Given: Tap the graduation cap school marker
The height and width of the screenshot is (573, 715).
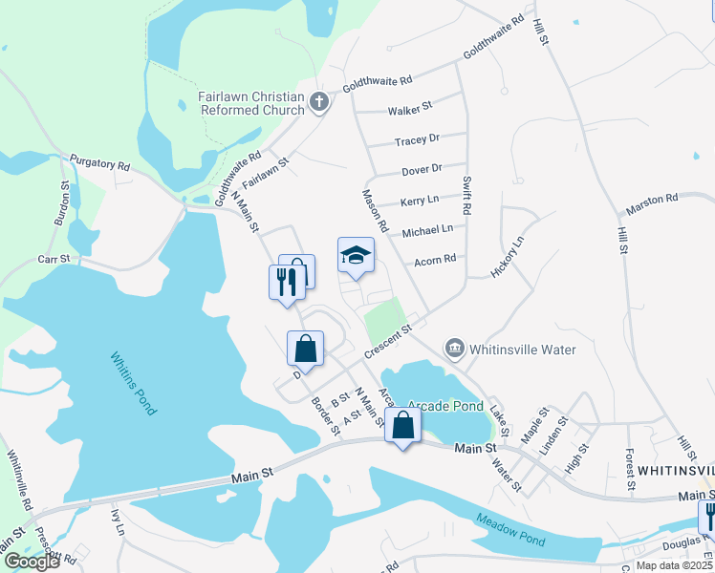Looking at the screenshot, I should coord(356,255).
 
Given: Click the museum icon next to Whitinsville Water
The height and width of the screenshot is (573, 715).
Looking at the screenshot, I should coord(455,349).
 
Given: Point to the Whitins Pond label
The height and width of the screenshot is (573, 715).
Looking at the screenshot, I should coord(133,384).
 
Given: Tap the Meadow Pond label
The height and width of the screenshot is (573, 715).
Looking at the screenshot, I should coord(509,530).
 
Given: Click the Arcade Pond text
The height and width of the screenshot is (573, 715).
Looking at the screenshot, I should coord(445,406).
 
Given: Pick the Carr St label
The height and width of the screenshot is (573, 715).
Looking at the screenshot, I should coord(54,259).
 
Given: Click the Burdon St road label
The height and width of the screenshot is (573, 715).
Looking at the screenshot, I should coord(60,205).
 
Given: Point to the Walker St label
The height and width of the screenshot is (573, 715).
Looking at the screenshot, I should coord(410,109).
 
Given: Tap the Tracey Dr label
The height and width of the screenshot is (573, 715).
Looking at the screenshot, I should coord(417,140).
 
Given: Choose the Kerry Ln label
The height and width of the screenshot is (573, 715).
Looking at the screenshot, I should coord(419,201).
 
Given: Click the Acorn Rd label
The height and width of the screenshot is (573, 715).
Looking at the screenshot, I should coord(435,259).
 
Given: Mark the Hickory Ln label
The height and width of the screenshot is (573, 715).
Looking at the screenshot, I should coord(508,257).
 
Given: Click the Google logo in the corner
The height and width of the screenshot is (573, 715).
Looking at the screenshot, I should coord(32,562).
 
